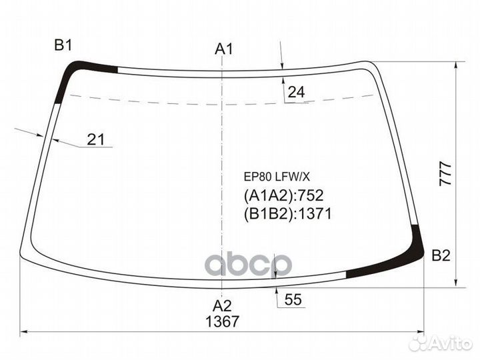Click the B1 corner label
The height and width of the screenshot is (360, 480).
click(63, 45)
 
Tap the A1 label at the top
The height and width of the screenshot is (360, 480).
click(224, 49)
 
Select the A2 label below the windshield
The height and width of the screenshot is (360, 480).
click(222, 306)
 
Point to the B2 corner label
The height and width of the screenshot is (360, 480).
click(441, 255)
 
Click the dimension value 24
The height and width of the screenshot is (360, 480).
click(296, 92)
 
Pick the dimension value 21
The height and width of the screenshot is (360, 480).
click(96, 139)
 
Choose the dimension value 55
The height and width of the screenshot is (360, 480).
click(293, 299)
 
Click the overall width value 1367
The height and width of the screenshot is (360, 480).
click(222, 321)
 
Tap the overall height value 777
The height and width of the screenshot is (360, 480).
click(445, 174)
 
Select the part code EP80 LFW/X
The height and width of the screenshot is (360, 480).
click(277, 177)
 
